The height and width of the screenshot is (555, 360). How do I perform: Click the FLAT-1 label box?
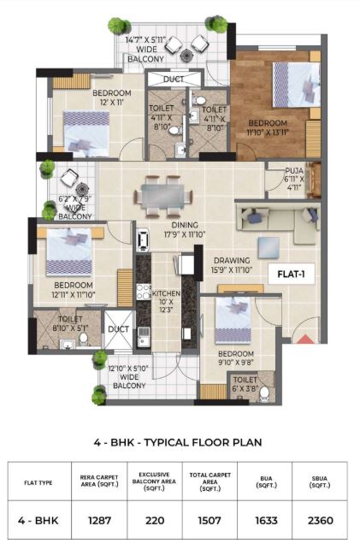(x=292, y=275)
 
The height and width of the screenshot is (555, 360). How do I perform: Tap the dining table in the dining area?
(x=162, y=197)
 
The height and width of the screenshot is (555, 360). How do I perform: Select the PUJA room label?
(x=294, y=171)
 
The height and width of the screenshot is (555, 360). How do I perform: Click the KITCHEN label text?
(x=166, y=294)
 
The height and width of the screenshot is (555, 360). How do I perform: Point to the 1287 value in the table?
(x=99, y=520)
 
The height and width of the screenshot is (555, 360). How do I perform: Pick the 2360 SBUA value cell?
(x=321, y=520)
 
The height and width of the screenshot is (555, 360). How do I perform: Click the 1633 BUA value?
(x=266, y=520)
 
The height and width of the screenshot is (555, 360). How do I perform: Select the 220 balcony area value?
(x=155, y=520)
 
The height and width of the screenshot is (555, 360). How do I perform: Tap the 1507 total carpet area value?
(x=210, y=520)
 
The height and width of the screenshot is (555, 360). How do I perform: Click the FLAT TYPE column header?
(x=38, y=483)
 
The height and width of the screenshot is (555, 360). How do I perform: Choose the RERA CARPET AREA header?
(x=99, y=481)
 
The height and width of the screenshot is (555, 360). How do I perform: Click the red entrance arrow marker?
(x=304, y=339)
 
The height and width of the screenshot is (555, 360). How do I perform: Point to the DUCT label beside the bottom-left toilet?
(x=119, y=329)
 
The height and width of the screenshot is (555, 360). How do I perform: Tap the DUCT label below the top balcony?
(x=174, y=80)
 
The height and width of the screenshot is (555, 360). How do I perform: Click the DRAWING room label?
(x=232, y=261)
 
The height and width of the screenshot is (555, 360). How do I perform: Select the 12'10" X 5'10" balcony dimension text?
(x=128, y=369)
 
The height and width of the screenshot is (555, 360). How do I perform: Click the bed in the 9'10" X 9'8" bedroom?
(x=233, y=321)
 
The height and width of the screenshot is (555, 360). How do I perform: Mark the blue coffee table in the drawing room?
(x=269, y=248)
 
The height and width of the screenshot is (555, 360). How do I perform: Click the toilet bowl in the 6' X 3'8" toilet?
(x=264, y=394)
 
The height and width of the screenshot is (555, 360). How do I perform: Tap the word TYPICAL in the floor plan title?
(x=166, y=442)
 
